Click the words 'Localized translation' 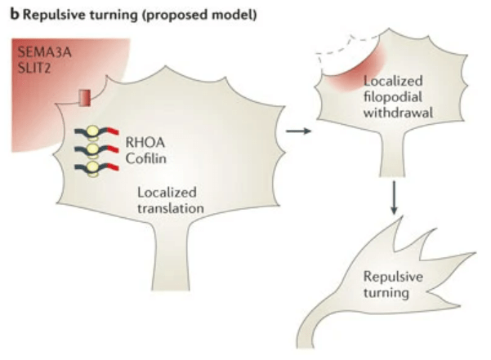[x=171, y=201]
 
